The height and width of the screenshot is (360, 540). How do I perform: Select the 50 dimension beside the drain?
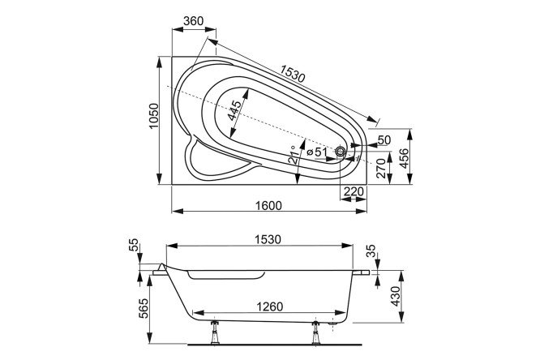(x=384, y=140)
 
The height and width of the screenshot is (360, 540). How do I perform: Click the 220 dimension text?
(x=353, y=192)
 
